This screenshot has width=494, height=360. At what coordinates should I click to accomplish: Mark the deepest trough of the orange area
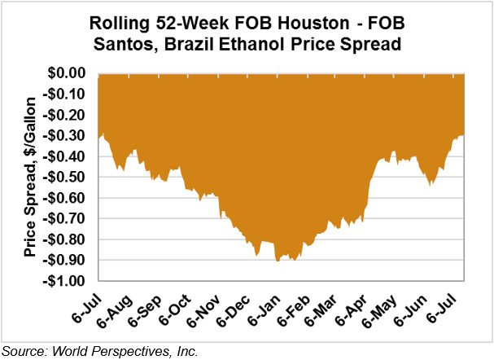point(278,261)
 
